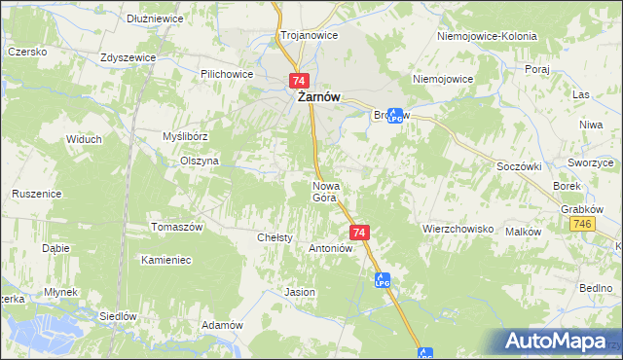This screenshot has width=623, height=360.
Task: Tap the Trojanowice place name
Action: (x=309, y=34)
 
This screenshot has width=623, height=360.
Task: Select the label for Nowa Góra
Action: (x=324, y=192)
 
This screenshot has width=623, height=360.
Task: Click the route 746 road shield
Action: (x=582, y=225)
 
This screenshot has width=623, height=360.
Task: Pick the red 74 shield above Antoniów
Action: (x=359, y=233)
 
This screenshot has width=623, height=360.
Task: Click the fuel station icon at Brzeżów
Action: (x=395, y=115)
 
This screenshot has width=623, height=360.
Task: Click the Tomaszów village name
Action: (x=175, y=227)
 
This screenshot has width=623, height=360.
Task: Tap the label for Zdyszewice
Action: (x=128, y=57)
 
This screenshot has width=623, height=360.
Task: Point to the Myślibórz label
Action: (x=186, y=137)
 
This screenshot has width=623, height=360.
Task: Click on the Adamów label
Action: (x=220, y=325)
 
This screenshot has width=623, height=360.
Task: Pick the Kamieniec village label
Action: (x=165, y=260)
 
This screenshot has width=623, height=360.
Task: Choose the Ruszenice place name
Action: (x=37, y=194)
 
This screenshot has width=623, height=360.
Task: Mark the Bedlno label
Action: (x=595, y=288)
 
